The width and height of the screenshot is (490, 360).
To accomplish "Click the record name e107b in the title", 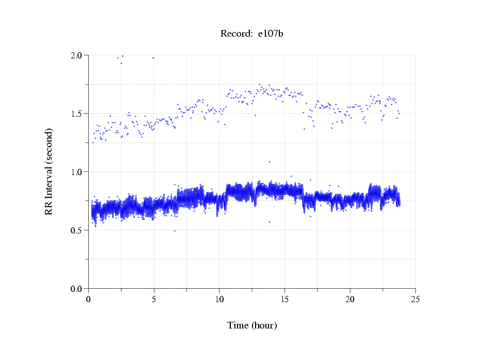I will pyautogui.click(x=271, y=34).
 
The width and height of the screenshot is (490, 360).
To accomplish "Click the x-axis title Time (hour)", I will pyautogui.click(x=252, y=325).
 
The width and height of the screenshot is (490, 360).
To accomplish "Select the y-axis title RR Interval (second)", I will pyautogui.click(x=49, y=171).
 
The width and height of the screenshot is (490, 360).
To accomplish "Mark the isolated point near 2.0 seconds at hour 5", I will pyautogui.click(x=153, y=58).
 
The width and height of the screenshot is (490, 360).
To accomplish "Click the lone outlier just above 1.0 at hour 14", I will pyautogui.click(x=269, y=162).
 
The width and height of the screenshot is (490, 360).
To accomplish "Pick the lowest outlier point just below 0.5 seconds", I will pyautogui.click(x=175, y=231).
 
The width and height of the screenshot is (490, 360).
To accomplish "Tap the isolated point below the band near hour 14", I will pyautogui.click(x=269, y=222).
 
